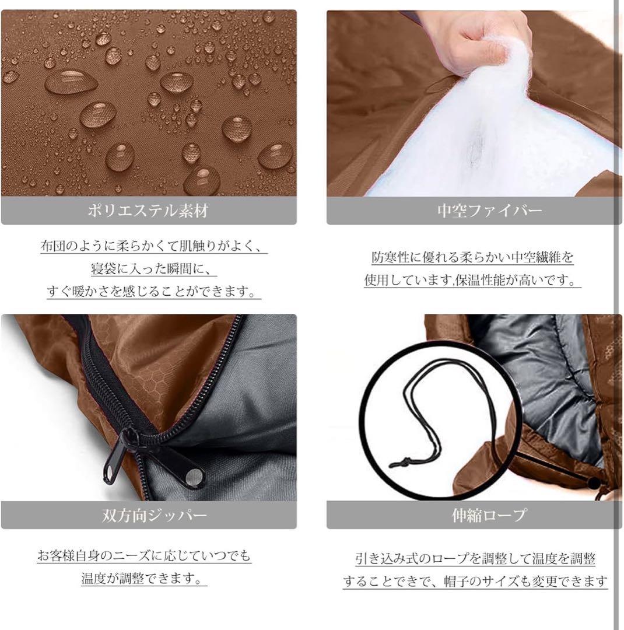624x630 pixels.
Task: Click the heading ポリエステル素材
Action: tap(148, 211)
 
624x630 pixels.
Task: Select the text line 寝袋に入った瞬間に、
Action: tap(154, 269)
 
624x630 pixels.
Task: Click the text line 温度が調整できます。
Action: tap(143, 579)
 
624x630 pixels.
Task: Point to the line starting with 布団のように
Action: tap(154, 246)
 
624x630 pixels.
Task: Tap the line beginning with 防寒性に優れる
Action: tap(472, 257)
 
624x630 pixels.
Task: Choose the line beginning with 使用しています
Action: tap(472, 281)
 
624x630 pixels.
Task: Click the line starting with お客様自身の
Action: tap(144, 556)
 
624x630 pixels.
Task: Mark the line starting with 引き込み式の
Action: tap(475, 559)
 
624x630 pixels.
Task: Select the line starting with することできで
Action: tap(475, 582)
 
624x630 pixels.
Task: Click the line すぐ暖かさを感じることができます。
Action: tap(154, 292)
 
